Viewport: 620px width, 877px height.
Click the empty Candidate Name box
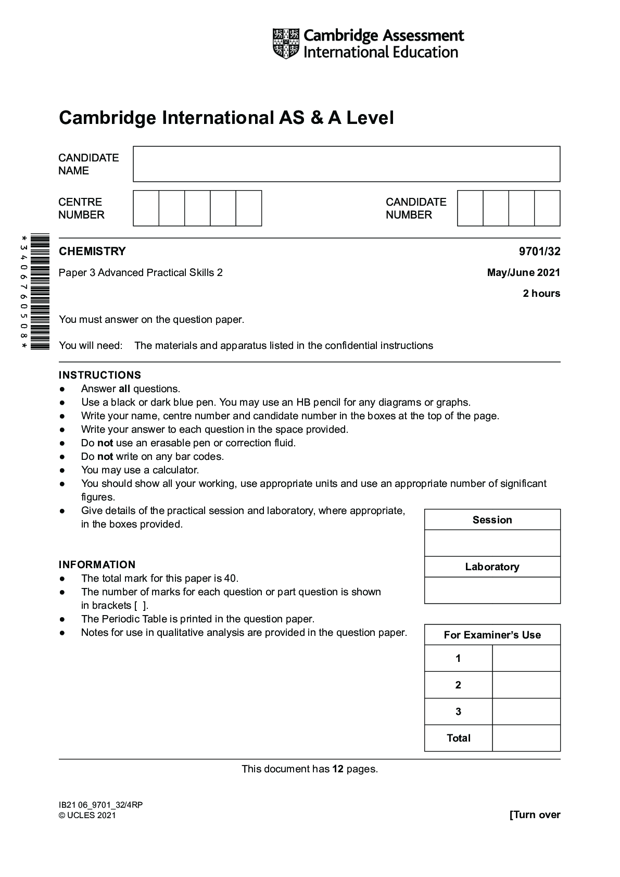(x=346, y=164)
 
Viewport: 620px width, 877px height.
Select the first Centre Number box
(x=146, y=208)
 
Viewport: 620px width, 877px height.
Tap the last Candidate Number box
(x=547, y=208)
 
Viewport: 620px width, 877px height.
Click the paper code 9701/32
(x=539, y=252)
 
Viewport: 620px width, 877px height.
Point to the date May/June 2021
(x=523, y=272)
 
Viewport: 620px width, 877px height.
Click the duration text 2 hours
(x=541, y=293)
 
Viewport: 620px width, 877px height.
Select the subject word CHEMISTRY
(x=92, y=252)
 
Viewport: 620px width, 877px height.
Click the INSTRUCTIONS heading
(x=100, y=375)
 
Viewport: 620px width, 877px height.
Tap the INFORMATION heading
(x=97, y=565)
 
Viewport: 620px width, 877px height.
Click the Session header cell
(x=492, y=520)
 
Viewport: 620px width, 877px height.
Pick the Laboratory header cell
(x=492, y=567)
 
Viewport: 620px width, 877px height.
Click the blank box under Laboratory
(x=492, y=590)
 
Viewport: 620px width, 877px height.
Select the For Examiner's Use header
(x=492, y=635)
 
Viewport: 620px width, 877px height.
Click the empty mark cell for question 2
(x=526, y=685)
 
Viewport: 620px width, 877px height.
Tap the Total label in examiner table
(x=458, y=738)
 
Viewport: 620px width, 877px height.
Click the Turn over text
(x=535, y=815)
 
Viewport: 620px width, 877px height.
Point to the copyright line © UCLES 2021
(x=87, y=815)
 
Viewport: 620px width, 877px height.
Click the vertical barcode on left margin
(x=40, y=292)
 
